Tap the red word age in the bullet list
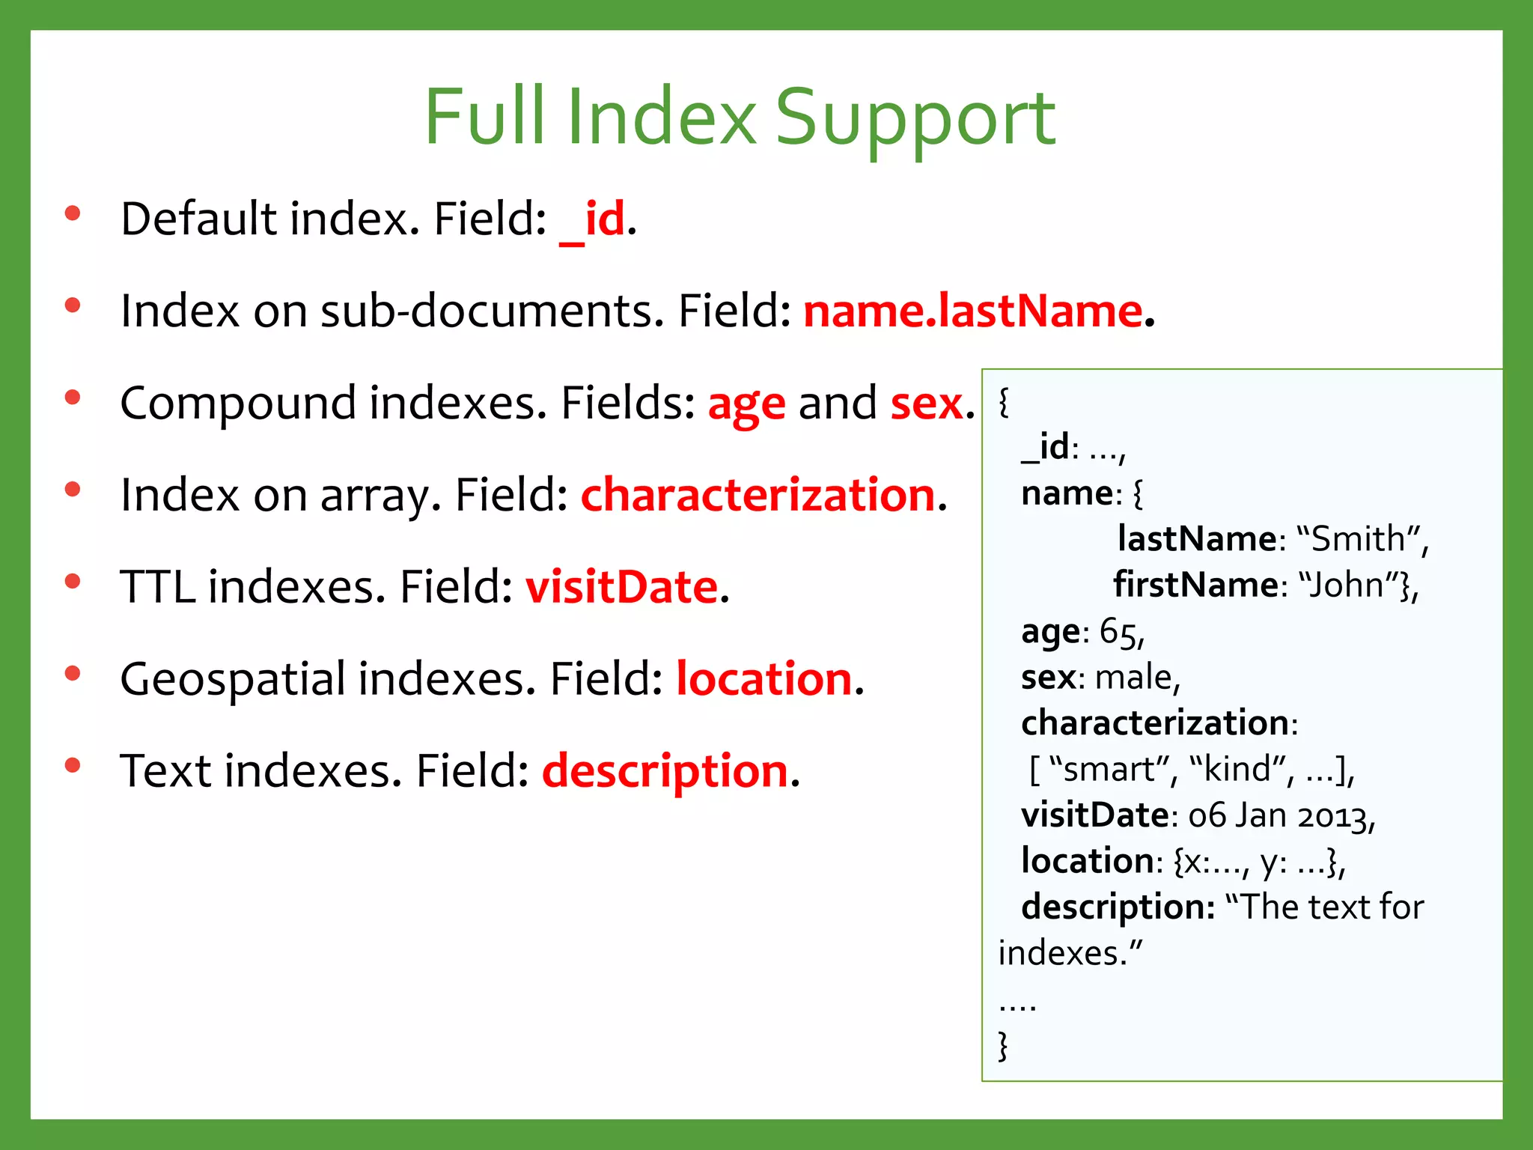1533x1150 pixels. click(746, 405)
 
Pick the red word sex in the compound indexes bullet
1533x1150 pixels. click(927, 404)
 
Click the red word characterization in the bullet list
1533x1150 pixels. click(758, 495)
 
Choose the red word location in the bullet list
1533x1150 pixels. click(764, 679)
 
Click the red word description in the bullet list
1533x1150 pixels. click(665, 771)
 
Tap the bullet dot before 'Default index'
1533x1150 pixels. click(73, 213)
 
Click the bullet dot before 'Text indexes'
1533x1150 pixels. click(73, 765)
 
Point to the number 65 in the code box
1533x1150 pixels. click(1118, 632)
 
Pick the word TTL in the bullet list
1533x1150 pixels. click(157, 587)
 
